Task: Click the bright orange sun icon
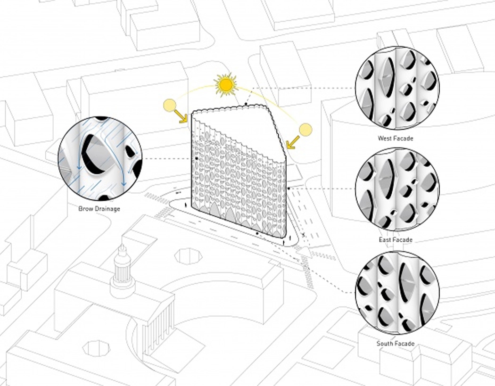click(x=226, y=84)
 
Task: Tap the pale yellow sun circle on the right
click(x=305, y=129)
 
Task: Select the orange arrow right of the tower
click(x=292, y=141)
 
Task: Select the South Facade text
click(x=396, y=344)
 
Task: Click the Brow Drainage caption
click(x=99, y=208)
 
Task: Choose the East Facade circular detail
click(x=397, y=189)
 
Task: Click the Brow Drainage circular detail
click(x=99, y=158)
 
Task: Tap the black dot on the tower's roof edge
click(x=246, y=104)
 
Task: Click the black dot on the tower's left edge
click(x=196, y=159)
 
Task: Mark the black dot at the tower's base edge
click(x=257, y=233)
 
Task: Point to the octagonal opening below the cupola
click(x=96, y=348)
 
